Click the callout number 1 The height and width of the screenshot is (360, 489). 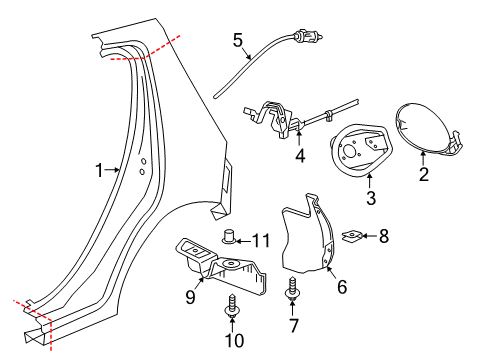(99, 171)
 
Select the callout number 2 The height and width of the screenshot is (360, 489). (423, 175)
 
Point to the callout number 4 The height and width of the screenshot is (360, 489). (299, 156)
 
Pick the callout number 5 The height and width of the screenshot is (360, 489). (238, 40)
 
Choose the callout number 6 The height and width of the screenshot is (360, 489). (341, 287)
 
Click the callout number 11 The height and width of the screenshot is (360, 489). (260, 239)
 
